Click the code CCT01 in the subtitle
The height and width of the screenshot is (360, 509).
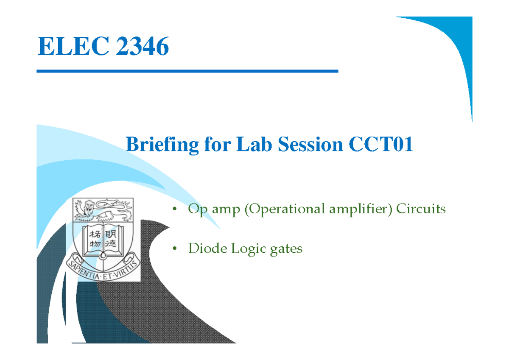point(381,145)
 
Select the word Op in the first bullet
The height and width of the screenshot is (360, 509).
point(196,209)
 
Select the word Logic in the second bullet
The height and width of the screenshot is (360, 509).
point(248,249)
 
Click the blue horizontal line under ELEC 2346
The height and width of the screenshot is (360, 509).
point(187,71)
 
